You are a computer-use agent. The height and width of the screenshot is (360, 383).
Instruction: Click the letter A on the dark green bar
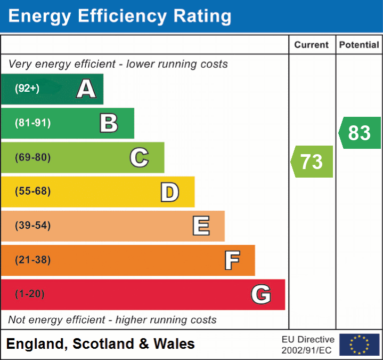click(x=86, y=89)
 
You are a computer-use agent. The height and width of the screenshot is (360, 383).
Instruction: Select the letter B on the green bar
click(x=109, y=123)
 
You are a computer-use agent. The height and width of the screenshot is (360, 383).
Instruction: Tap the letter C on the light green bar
click(x=139, y=157)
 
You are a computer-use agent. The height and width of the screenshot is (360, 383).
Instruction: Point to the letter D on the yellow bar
click(x=170, y=192)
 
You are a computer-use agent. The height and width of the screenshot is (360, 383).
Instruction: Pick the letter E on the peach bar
click(x=201, y=226)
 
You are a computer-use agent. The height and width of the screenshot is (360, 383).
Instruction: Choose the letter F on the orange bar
click(x=232, y=260)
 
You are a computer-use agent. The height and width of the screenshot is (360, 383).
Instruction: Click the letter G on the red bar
click(x=261, y=294)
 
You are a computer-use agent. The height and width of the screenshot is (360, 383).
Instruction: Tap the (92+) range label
click(x=27, y=89)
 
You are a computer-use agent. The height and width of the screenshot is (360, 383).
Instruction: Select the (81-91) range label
click(x=33, y=123)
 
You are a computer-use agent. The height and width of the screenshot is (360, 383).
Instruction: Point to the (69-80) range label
click(x=33, y=157)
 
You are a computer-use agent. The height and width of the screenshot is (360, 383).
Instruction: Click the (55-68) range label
click(x=33, y=191)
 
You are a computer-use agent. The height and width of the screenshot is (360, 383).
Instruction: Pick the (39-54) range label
click(x=33, y=226)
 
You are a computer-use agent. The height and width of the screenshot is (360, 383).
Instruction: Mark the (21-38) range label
click(x=33, y=260)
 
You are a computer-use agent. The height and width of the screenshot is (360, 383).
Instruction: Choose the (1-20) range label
click(x=30, y=294)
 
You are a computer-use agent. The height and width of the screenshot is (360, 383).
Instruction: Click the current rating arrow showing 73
click(x=312, y=162)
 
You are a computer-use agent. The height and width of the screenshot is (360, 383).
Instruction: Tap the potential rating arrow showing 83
click(x=360, y=133)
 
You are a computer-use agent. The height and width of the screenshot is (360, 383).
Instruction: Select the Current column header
click(x=312, y=45)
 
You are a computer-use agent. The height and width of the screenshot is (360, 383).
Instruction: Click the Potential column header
click(x=359, y=45)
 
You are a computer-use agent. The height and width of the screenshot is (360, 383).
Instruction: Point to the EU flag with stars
click(x=359, y=345)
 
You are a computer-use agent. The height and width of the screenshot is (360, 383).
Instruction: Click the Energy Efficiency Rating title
click(x=120, y=17)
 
